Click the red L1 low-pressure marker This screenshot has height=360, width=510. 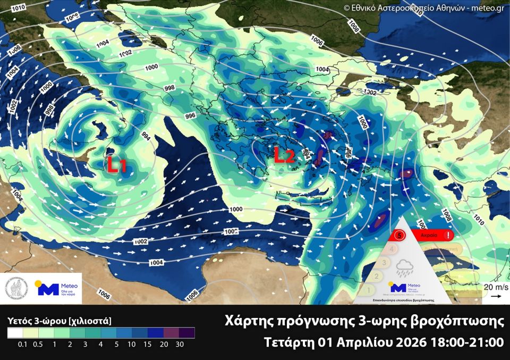(x=116, y=165)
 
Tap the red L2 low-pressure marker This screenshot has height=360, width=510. (x=284, y=155)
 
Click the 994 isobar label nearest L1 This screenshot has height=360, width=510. (x=145, y=136)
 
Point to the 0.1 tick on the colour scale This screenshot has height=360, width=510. (x=22, y=345)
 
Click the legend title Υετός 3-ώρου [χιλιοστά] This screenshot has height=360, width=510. (x=59, y=321)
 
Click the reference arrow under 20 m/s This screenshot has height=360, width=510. (x=494, y=297)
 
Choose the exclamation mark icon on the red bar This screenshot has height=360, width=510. (x=449, y=235)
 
